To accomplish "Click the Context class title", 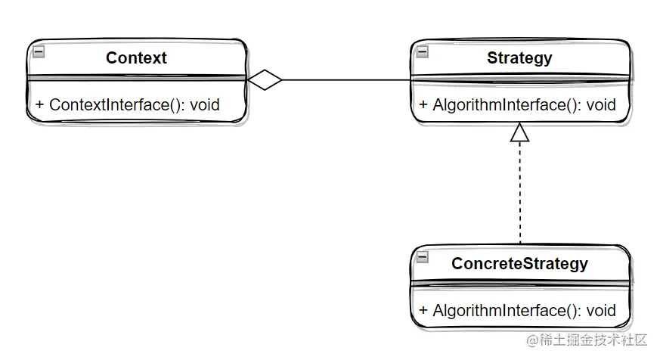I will click(x=136, y=58).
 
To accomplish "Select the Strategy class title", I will click(x=519, y=58).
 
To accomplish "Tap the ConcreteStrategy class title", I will click(x=519, y=264).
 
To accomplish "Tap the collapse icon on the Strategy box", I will click(x=423, y=51).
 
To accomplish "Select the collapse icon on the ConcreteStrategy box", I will click(x=423, y=257).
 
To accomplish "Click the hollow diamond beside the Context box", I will click(x=265, y=79).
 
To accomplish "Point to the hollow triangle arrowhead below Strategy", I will click(x=519, y=133).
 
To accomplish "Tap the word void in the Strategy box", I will click(x=600, y=105).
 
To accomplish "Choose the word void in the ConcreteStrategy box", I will click(x=600, y=311).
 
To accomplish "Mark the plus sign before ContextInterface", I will click(x=39, y=105).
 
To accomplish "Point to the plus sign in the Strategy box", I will click(x=423, y=105).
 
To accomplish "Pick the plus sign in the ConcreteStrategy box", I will click(x=423, y=311).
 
